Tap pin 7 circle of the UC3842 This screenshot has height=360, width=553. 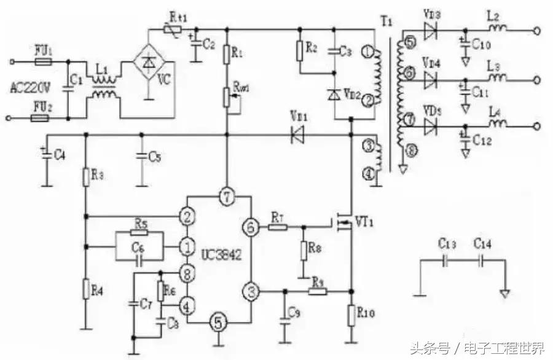pyautogui.click(x=226, y=197)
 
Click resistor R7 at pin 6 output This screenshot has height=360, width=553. pyautogui.click(x=278, y=227)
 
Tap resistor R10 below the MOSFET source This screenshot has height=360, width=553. pyautogui.click(x=351, y=315)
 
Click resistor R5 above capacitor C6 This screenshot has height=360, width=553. pyautogui.click(x=141, y=234)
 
